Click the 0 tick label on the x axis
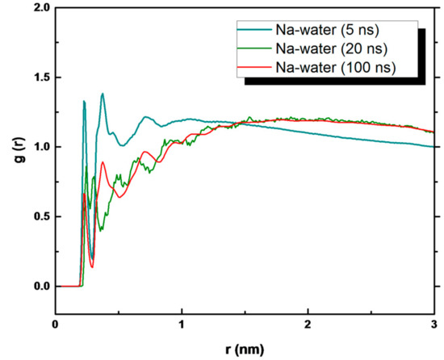(x=55, y=324)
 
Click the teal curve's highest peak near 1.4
(x=103, y=94)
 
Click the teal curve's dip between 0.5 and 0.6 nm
(x=121, y=145)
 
